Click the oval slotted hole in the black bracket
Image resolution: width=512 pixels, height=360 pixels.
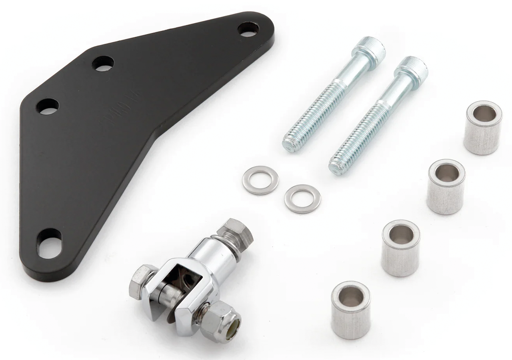pyautogui.click(x=50, y=243)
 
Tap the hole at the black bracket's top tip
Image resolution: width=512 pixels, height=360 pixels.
pyautogui.click(x=248, y=29)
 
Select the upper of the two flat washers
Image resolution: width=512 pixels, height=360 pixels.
pyautogui.click(x=260, y=180)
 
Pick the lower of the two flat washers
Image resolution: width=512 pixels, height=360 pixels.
pyautogui.click(x=302, y=198)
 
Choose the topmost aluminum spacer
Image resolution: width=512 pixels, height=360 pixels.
pyautogui.click(x=482, y=127)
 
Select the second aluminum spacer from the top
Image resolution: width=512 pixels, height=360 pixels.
pyautogui.click(x=446, y=186)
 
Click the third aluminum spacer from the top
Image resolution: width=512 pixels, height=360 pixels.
pyautogui.click(x=400, y=248)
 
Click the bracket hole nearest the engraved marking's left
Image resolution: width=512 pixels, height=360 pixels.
pyautogui.click(x=48, y=106)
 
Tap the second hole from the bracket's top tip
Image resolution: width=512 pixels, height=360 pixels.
pyautogui.click(x=103, y=63)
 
